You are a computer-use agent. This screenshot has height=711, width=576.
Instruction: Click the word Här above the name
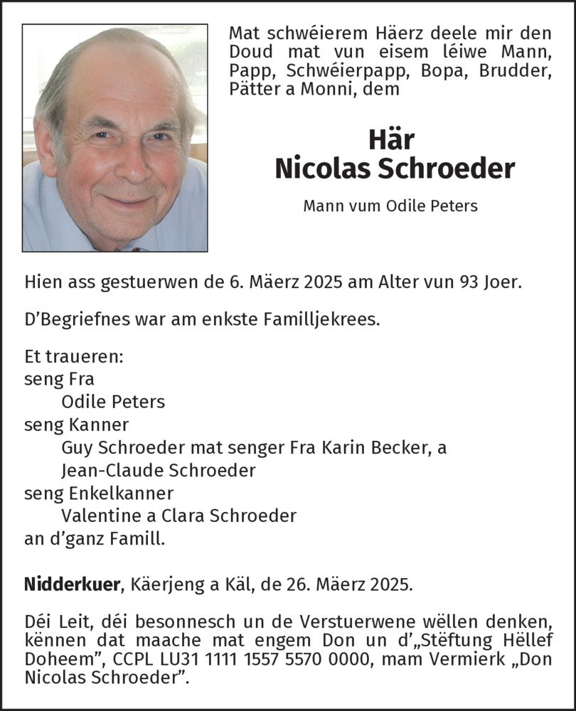(x=391, y=139)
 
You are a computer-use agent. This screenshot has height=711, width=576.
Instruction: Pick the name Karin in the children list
(x=343, y=448)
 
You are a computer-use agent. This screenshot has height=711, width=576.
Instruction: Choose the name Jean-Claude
(x=108, y=471)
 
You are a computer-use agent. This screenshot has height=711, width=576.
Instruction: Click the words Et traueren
(x=73, y=357)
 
